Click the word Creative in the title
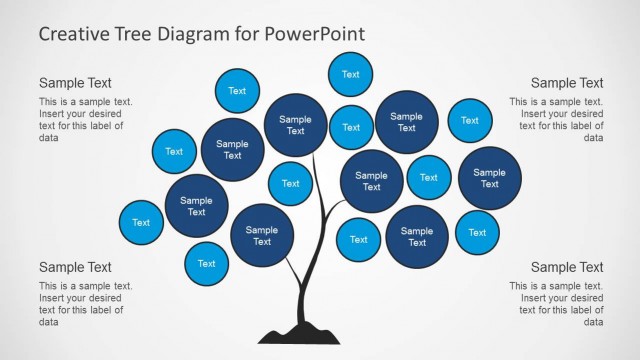click(75, 34)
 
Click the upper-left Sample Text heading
click(75, 83)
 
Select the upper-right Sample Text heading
click(567, 83)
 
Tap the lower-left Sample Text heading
click(75, 267)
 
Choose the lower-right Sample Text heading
click(567, 267)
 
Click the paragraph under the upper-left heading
click(85, 119)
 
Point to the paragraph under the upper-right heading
click(556, 119)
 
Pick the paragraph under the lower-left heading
click(85, 304)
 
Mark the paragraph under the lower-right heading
click(556, 304)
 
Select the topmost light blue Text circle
click(350, 74)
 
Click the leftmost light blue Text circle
click(141, 222)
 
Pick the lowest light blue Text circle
click(206, 263)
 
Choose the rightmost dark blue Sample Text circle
click(489, 178)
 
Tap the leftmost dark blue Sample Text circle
click(196, 205)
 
